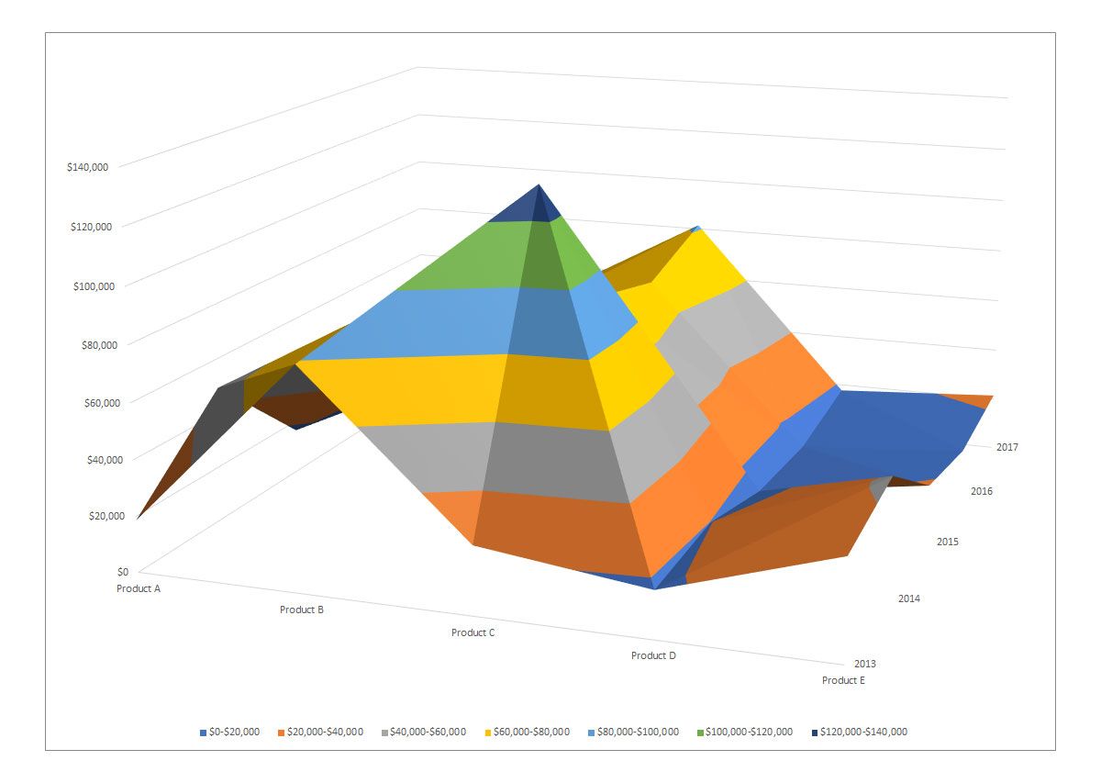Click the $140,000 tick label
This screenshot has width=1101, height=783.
(x=89, y=167)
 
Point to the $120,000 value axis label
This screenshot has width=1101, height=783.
(x=89, y=226)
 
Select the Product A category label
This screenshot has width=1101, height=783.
(x=139, y=588)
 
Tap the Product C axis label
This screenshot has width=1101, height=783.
(x=473, y=632)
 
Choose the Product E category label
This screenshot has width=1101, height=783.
(x=843, y=680)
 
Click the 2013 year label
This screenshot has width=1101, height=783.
(x=864, y=664)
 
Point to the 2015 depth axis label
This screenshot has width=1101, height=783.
(x=948, y=542)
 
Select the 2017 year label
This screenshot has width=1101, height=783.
(x=1007, y=447)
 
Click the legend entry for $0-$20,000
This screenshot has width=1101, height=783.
(x=229, y=732)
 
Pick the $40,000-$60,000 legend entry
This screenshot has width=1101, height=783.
(x=428, y=732)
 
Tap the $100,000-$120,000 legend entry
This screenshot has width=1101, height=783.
(x=745, y=732)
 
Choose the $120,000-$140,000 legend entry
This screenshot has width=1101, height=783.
(x=859, y=732)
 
